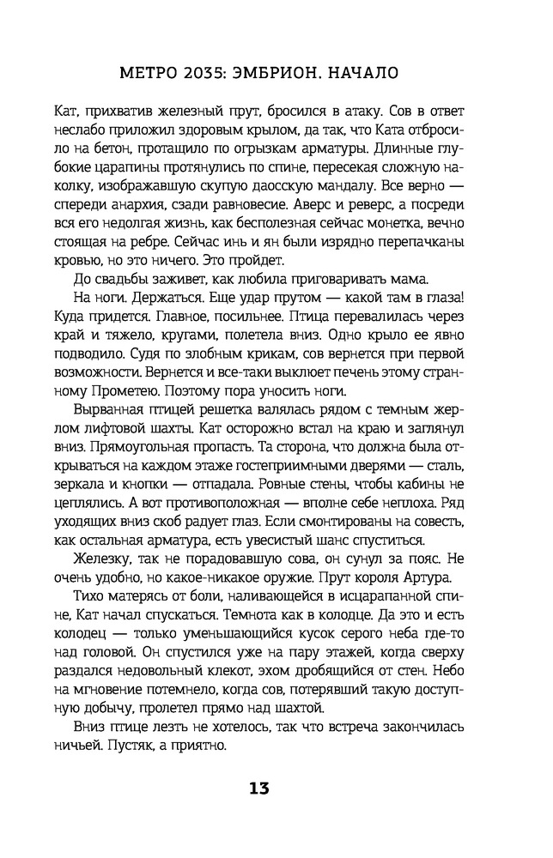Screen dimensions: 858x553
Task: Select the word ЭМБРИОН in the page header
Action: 286,73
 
